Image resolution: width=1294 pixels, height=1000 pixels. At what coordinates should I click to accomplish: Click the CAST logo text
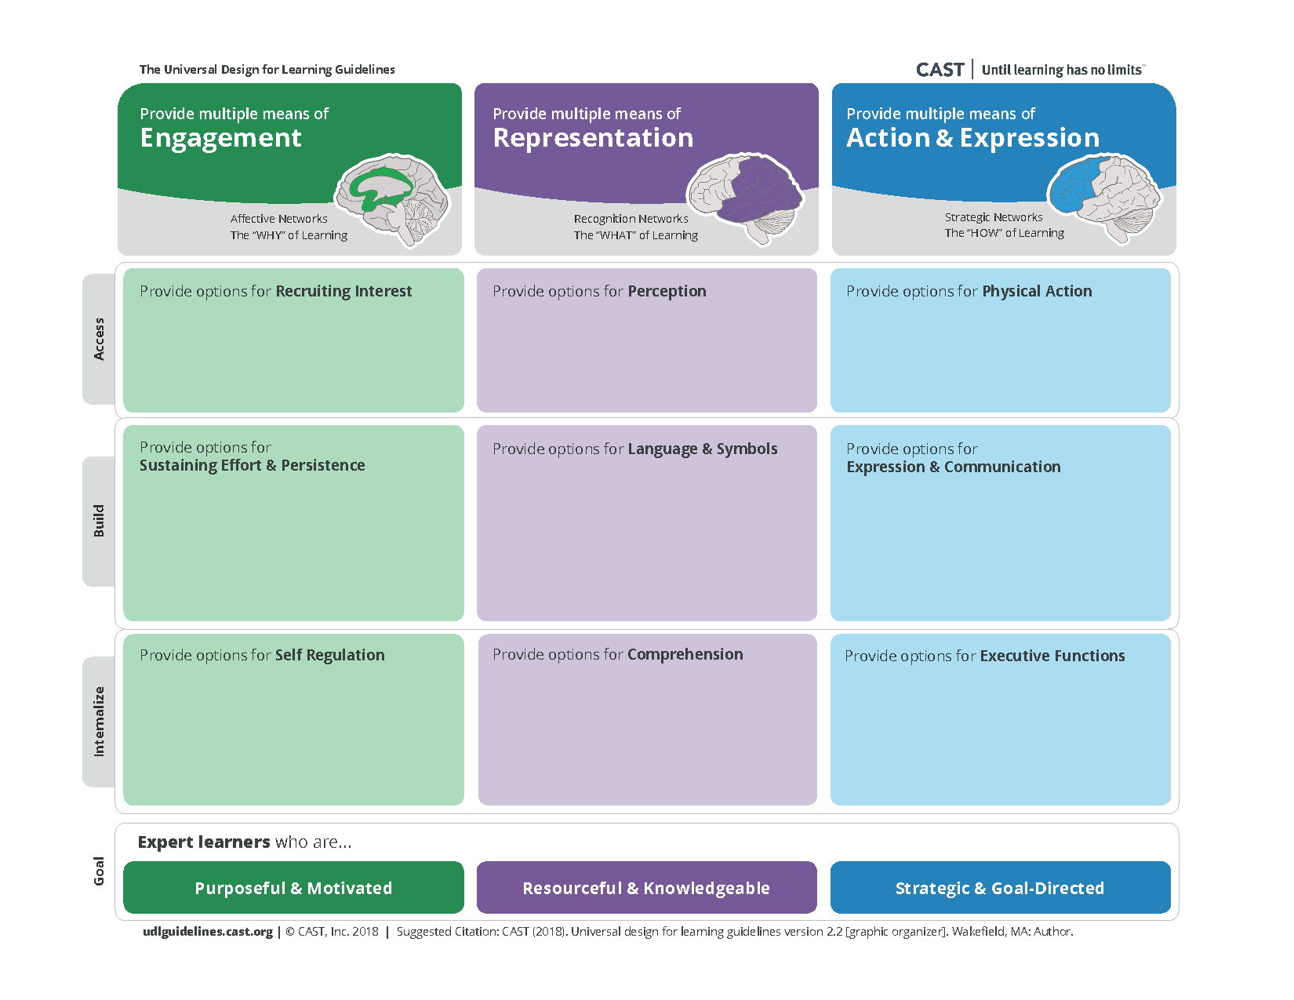coord(939,70)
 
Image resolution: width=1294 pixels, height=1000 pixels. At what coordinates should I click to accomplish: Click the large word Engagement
coord(221,139)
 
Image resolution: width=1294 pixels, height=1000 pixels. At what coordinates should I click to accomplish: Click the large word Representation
coord(593,138)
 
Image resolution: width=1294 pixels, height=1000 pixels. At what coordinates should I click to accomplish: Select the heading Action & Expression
coord(972,138)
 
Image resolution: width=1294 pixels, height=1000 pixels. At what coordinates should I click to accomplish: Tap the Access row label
coord(99,339)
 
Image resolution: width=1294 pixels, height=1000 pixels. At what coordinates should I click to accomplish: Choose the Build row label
coord(99,521)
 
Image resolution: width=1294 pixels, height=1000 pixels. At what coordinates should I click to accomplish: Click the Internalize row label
coord(99,722)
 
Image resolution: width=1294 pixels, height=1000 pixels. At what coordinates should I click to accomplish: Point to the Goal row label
coord(99,871)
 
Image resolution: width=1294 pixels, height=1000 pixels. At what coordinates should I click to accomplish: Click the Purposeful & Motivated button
coord(293,887)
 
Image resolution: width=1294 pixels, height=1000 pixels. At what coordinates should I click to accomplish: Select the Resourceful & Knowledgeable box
coord(647,887)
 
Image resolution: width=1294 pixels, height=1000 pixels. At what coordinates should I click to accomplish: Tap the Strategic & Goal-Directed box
coord(1001,887)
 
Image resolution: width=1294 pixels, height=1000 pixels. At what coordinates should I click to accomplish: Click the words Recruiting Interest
coord(343,291)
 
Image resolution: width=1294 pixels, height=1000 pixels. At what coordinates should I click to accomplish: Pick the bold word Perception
coord(667,291)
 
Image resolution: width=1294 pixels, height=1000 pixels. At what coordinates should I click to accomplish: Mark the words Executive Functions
coord(1052,656)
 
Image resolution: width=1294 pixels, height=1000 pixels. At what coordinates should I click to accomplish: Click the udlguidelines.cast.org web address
coord(208,932)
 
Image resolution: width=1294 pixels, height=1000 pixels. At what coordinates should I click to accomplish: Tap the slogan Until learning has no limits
coord(1062,70)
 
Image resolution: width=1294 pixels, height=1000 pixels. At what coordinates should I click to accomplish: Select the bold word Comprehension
coord(685,655)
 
